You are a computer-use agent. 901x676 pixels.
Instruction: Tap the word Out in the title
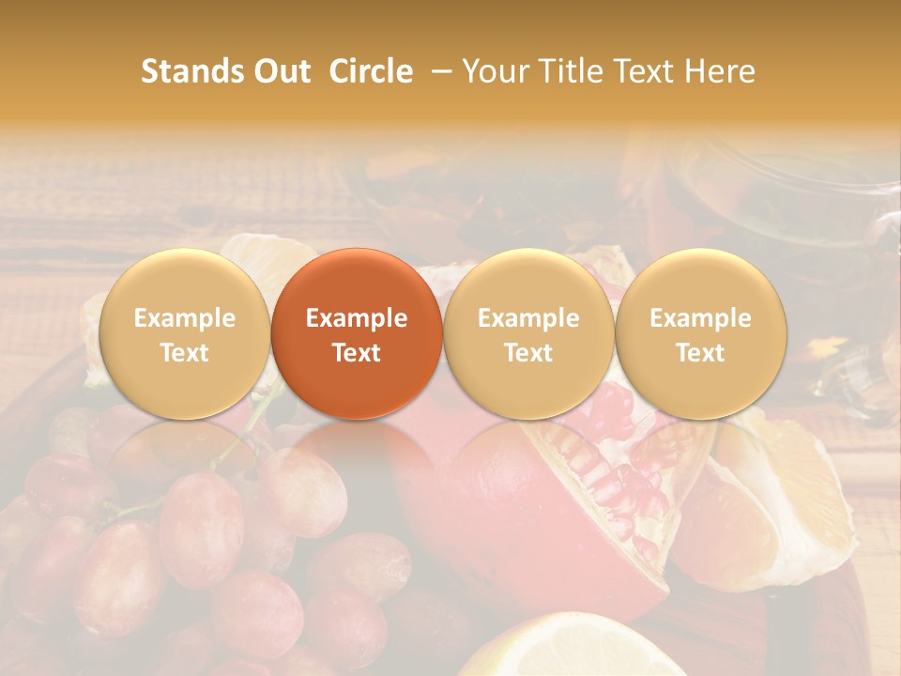tap(279, 71)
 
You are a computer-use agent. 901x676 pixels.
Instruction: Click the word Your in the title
tap(496, 71)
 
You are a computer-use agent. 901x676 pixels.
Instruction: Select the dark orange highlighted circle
tap(357, 333)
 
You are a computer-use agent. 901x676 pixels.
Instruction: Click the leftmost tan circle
tap(184, 333)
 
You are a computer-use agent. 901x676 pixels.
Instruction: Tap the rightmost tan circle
tap(700, 333)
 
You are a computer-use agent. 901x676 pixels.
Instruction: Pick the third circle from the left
tap(528, 333)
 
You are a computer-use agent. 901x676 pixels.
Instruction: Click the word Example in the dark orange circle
tap(357, 318)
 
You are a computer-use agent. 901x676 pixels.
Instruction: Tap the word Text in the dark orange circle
tap(357, 353)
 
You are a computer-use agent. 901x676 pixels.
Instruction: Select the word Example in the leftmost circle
tap(184, 318)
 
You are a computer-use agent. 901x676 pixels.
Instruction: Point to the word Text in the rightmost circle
tap(700, 353)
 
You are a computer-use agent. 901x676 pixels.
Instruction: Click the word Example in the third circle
tap(528, 318)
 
